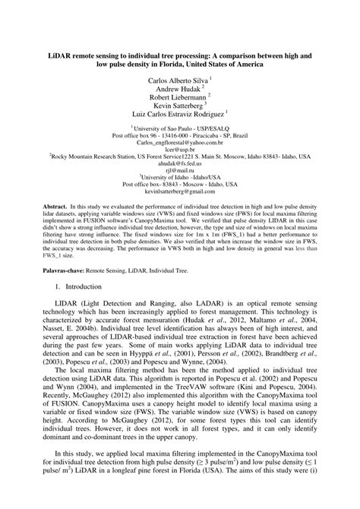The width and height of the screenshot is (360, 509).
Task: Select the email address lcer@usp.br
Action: click(x=179, y=149)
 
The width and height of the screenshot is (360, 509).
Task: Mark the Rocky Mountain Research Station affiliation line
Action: click(x=179, y=156)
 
